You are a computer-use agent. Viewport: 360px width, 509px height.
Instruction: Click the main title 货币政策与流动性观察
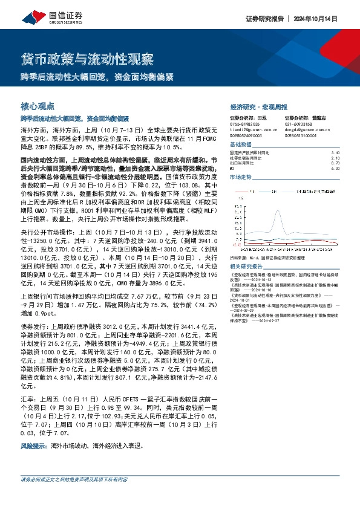pyautogui.click(x=87, y=60)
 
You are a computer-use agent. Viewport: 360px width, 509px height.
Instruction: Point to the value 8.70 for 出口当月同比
pyautogui.click(x=336, y=163)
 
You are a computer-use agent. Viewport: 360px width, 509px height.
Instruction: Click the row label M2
pyautogui.click(x=233, y=169)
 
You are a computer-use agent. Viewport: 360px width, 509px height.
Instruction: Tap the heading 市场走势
pyautogui.click(x=240, y=177)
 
